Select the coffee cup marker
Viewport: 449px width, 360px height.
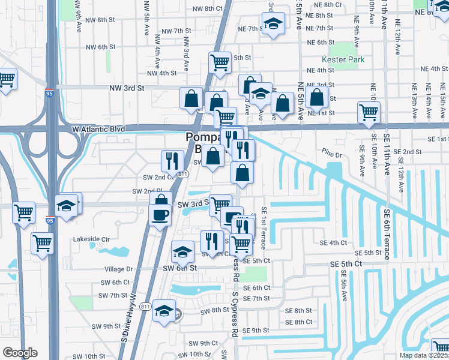(x=160, y=215)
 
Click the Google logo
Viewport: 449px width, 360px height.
(x=20, y=353)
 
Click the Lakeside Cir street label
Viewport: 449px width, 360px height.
(x=91, y=239)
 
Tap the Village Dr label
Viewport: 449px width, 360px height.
(x=117, y=269)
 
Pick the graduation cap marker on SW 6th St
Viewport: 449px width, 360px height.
(x=182, y=253)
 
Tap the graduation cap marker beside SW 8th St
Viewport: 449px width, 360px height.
(x=164, y=311)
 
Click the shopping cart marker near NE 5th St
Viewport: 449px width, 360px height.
(x=220, y=62)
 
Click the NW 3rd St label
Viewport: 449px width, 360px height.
(x=127, y=88)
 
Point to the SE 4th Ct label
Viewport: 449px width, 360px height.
(x=334, y=243)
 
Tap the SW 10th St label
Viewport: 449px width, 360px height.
(x=91, y=356)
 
